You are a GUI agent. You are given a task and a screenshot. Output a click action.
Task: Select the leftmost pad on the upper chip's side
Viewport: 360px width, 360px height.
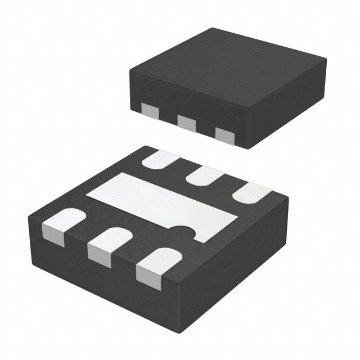150,110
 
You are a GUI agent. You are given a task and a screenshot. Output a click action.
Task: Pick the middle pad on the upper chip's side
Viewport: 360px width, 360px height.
186,121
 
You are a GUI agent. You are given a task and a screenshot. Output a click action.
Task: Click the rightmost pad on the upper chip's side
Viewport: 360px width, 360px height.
224,134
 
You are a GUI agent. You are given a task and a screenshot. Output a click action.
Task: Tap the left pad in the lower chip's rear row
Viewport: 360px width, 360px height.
160,160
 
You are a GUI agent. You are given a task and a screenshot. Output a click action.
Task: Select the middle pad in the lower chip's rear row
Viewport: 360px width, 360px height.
204,175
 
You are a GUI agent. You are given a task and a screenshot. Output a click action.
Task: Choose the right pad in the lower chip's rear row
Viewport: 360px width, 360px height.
251,193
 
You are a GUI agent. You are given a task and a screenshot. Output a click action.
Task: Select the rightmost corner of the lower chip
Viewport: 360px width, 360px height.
289,197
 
